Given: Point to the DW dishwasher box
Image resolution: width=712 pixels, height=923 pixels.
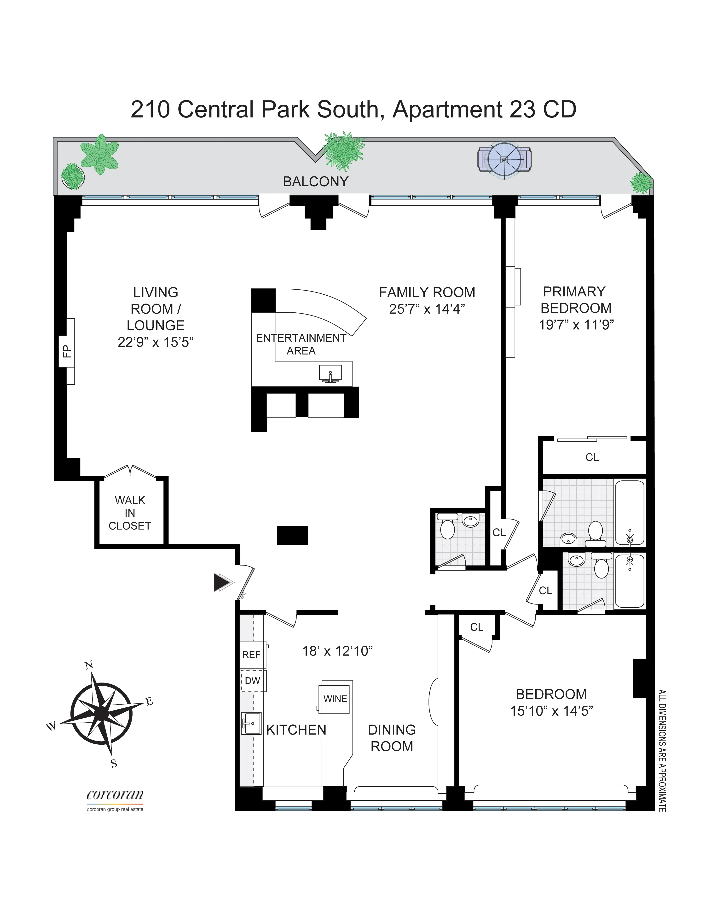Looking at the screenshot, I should pyautogui.click(x=253, y=681).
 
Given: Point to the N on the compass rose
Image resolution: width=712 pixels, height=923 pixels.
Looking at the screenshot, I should pyautogui.click(x=89, y=666).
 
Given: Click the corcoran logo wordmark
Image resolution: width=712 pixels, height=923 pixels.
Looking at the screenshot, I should pyautogui.click(x=115, y=795).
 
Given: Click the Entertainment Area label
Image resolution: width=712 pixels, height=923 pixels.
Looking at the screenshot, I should pyautogui.click(x=301, y=344).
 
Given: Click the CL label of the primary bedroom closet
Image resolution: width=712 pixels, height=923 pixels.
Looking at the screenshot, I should pyautogui.click(x=592, y=457).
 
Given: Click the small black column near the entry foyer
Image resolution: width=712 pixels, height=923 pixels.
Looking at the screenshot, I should pyautogui.click(x=292, y=535).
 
